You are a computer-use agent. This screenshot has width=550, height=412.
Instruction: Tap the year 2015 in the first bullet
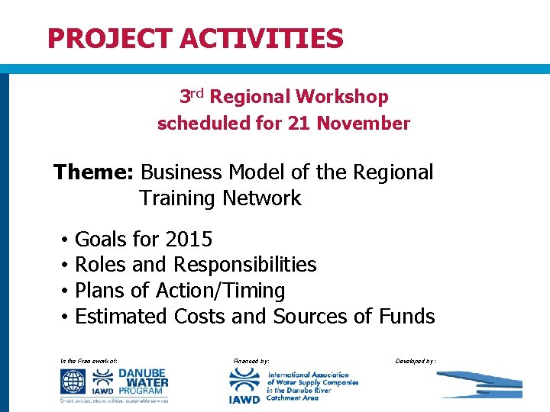click(x=189, y=240)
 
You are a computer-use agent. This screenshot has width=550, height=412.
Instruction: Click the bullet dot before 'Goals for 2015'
click(x=66, y=240)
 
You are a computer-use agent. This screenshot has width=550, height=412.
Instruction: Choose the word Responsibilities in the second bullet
click(x=245, y=265)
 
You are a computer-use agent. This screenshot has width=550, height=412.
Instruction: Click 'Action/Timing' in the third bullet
click(x=220, y=291)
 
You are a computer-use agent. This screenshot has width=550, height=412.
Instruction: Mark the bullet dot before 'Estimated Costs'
click(x=66, y=317)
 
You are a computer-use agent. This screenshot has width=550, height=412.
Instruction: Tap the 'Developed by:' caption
click(x=416, y=359)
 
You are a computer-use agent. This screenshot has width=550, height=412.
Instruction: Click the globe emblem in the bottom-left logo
click(x=75, y=380)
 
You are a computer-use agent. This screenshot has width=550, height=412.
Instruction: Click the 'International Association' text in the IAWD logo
click(x=308, y=375)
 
